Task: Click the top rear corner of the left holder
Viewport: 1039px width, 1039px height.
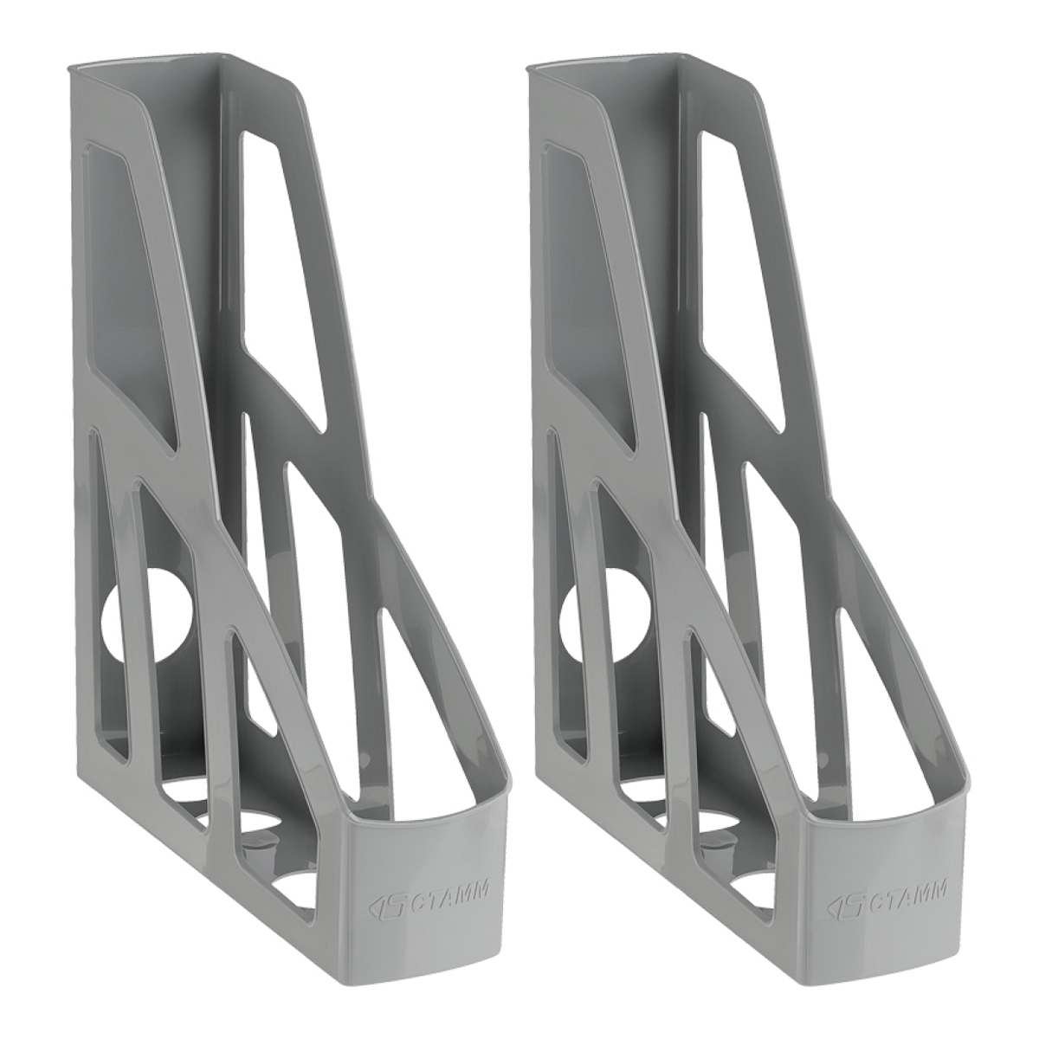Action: tap(68, 68)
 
